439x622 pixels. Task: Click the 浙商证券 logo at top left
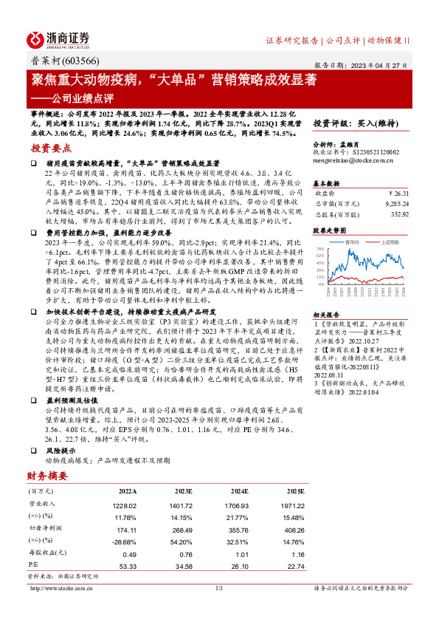point(58,40)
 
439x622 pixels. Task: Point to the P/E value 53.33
point(128,566)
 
